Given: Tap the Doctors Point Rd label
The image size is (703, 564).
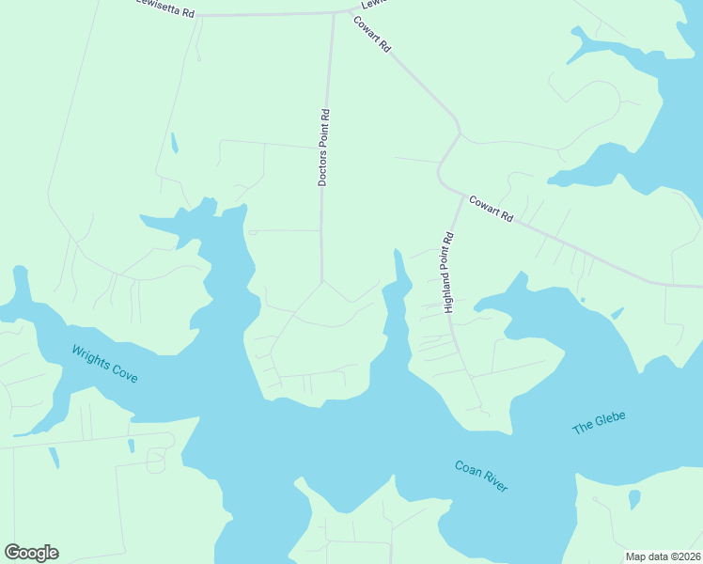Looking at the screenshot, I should click(322, 148).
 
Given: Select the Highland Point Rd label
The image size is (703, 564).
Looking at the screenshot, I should click(448, 272).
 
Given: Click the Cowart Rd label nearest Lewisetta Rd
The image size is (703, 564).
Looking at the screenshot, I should click(372, 35).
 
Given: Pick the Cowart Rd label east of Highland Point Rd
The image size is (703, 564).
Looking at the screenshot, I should click(491, 208).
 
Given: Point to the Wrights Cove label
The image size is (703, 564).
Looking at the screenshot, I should click(104, 364).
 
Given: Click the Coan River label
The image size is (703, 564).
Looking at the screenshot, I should click(481, 477).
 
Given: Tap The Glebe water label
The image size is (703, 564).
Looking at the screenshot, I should click(599, 422).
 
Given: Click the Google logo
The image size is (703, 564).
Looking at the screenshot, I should click(31, 553).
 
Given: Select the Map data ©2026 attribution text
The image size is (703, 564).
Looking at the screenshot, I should click(662, 556).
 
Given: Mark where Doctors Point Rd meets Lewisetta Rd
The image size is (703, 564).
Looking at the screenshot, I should click(334, 13).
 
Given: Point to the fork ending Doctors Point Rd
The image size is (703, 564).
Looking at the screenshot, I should click(322, 280).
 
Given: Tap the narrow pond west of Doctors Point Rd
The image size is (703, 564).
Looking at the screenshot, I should click(174, 143).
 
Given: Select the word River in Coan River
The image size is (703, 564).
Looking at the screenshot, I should click(493, 483).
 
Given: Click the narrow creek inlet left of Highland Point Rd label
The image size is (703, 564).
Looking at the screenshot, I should click(399, 273).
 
